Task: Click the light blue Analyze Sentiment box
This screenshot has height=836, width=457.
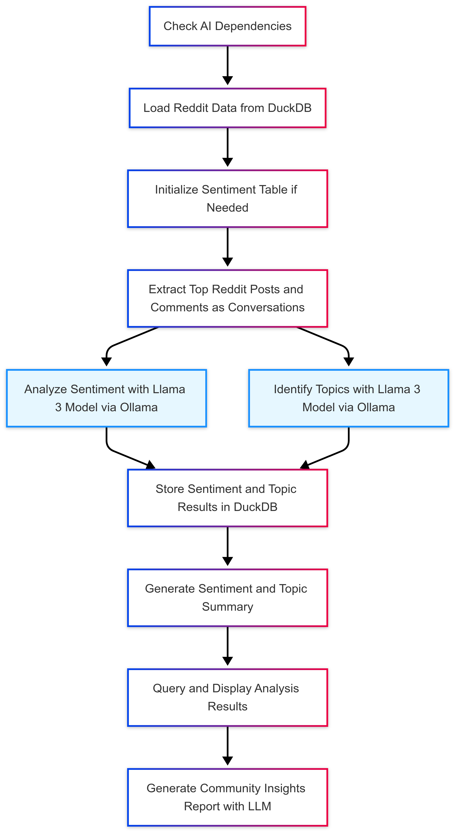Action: [106, 398]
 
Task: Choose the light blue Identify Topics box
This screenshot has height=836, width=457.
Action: [349, 398]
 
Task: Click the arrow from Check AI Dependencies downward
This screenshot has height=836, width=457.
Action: [228, 65]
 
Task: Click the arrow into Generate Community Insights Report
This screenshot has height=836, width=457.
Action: [228, 747]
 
